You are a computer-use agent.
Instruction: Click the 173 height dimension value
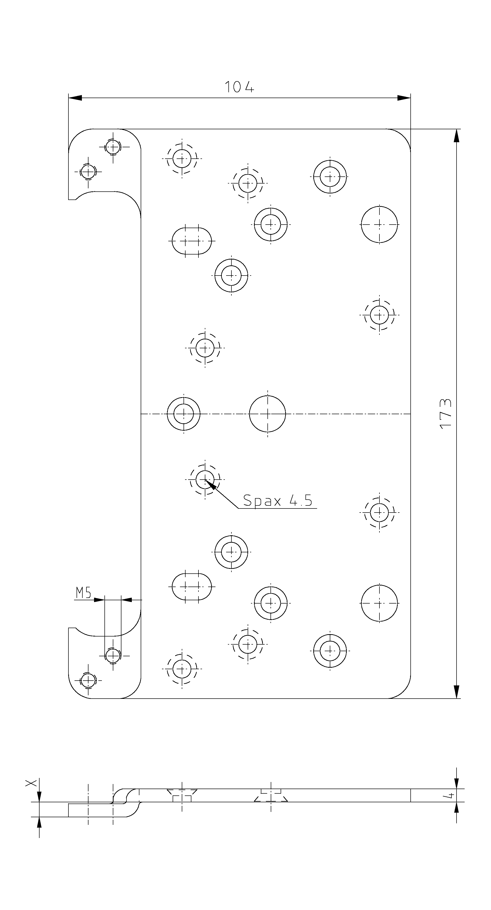click(x=446, y=413)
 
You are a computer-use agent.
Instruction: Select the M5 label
click(x=83, y=593)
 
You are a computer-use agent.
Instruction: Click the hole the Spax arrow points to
click(x=205, y=479)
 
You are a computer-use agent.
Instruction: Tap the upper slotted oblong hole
click(x=192, y=241)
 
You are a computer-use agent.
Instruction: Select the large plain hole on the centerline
click(x=267, y=414)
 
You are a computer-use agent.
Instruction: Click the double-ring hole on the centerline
click(x=184, y=414)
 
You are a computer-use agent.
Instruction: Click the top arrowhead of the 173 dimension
click(x=456, y=136)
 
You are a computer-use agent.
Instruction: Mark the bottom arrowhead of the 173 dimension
click(x=456, y=692)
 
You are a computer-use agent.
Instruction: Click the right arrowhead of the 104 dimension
click(x=404, y=98)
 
